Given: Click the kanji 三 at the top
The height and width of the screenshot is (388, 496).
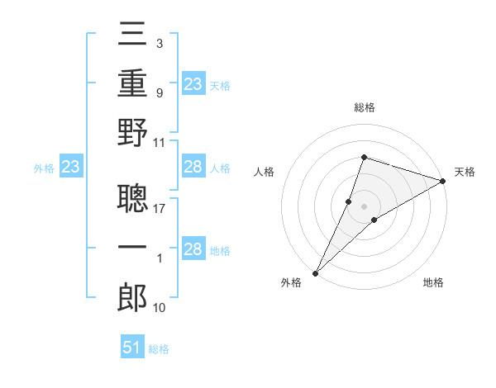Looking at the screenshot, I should coord(133,38).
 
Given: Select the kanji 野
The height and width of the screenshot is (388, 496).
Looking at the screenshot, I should coord(133,132).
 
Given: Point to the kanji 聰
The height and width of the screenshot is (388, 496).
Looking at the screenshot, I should coord(133,198).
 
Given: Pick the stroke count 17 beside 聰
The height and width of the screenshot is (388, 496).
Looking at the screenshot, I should coord(160,209).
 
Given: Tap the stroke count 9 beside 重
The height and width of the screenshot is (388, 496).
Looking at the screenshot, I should coord(159,93).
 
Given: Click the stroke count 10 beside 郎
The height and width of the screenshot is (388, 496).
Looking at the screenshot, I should coord(160,308).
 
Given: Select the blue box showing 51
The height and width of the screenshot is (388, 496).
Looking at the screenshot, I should coord(133,348).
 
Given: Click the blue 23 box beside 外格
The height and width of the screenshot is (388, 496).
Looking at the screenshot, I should coord(71,168).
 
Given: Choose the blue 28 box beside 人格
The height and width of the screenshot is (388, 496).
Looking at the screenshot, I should coord(193,168).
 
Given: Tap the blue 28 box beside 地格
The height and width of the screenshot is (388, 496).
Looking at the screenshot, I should coord(193,250).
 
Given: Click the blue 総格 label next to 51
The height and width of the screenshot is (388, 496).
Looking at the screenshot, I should coord(159,349).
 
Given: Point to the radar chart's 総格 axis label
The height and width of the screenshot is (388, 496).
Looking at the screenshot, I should coord(365,108).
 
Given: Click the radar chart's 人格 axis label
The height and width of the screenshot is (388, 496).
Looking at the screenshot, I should coord(265,171).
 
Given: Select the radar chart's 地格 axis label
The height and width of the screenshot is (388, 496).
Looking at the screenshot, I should coord(433,282).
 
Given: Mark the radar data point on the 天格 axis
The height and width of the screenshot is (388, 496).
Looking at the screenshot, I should coord(443,181).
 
